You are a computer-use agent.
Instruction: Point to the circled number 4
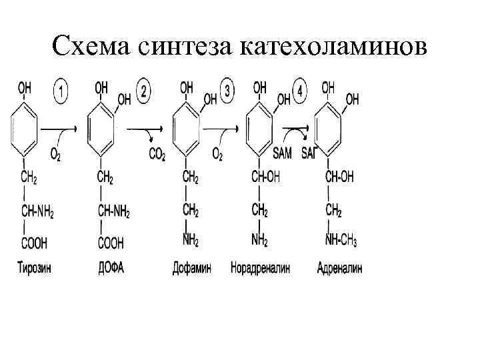301,91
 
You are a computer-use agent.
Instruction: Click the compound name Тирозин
34,269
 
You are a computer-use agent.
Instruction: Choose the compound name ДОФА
111,269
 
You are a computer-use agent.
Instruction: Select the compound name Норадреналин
261,269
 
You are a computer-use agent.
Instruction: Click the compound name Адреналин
339,269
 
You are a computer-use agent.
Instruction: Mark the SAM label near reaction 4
282,155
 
